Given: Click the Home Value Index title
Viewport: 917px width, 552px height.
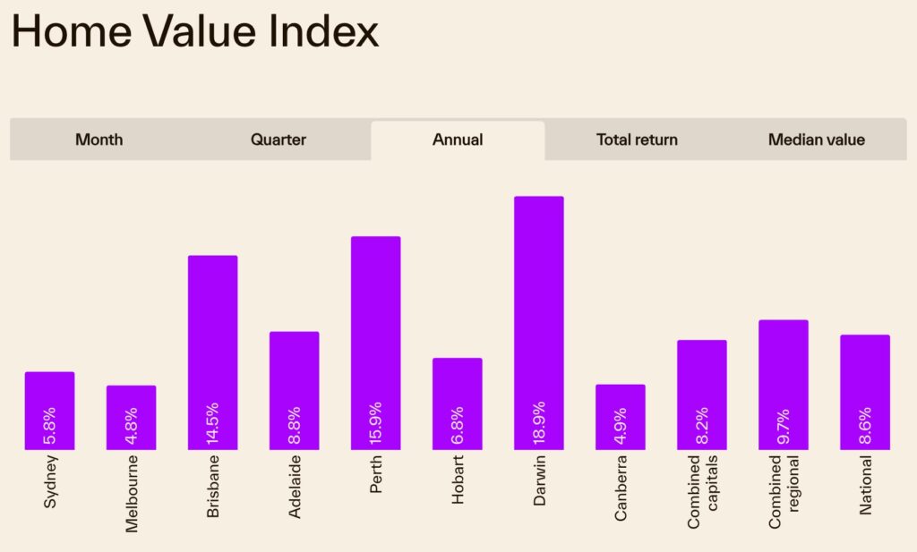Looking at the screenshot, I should pyautogui.click(x=195, y=31).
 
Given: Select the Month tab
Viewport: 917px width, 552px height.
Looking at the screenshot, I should pyautogui.click(x=99, y=140).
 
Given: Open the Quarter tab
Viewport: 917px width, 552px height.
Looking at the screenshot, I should pyautogui.click(x=278, y=140).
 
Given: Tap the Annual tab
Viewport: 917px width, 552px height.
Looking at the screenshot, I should pyautogui.click(x=458, y=140).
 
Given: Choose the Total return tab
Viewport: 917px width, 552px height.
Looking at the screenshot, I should pyautogui.click(x=637, y=140).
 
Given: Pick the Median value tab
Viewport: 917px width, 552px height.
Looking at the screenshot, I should pyautogui.click(x=816, y=140).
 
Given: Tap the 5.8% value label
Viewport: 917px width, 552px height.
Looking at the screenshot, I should pyautogui.click(x=50, y=424).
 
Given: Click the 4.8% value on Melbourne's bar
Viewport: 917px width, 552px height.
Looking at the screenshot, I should pyautogui.click(x=132, y=424).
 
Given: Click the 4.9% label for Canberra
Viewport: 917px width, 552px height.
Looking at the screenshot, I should pyautogui.click(x=621, y=424).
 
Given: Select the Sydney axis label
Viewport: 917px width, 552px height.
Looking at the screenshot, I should pyautogui.click(x=50, y=482).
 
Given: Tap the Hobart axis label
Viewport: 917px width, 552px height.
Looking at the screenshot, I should pyautogui.click(x=458, y=480).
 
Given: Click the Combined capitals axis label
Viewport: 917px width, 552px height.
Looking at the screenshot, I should pyautogui.click(x=702, y=490).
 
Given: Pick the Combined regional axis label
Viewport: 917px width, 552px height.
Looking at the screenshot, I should pyautogui.click(x=784, y=490).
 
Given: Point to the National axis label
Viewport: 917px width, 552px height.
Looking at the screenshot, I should pyautogui.click(x=865, y=486).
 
